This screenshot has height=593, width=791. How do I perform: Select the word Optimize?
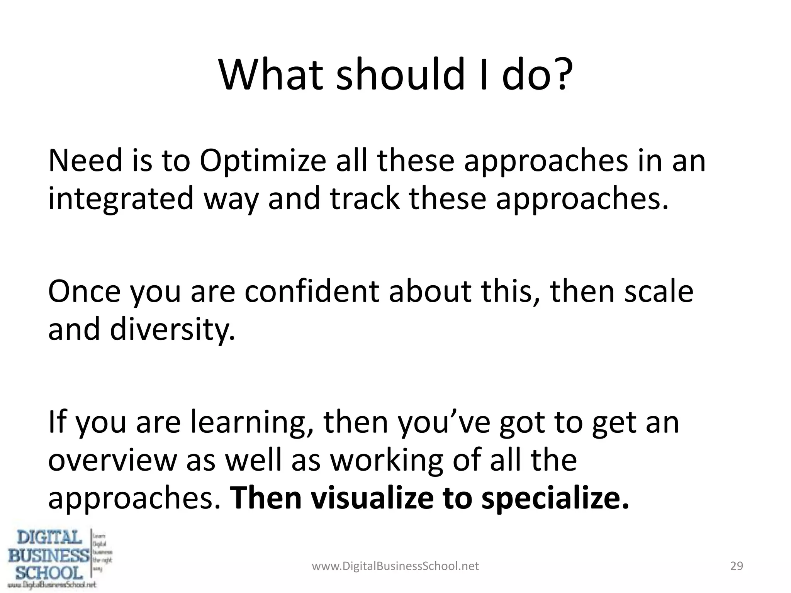[263, 161]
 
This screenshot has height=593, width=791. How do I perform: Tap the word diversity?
[172, 330]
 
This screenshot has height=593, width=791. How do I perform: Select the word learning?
[251, 423]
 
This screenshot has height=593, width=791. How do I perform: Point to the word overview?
[112, 461]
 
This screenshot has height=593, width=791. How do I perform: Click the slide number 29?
[737, 566]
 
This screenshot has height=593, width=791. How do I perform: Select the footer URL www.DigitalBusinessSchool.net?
[395, 566]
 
